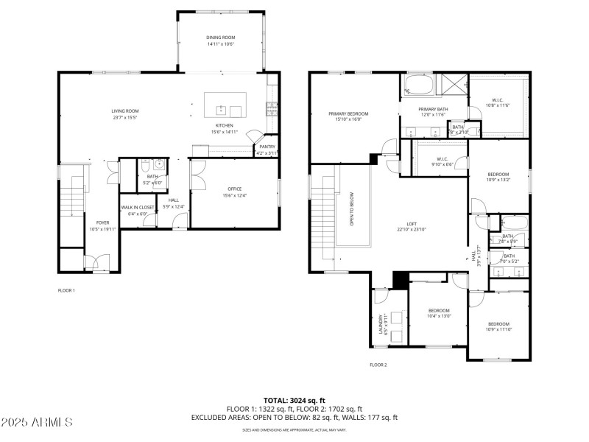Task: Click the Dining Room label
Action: [x=221, y=37]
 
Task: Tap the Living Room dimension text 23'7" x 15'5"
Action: [x=125, y=118]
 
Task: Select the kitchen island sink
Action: [x=220, y=111]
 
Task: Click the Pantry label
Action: [x=267, y=147]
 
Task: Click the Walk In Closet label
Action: [x=138, y=207]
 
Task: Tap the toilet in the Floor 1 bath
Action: [x=145, y=165]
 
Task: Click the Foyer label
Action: [x=102, y=222]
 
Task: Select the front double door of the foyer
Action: [x=96, y=262]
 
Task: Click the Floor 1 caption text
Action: [x=66, y=290]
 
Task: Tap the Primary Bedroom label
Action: [x=348, y=113]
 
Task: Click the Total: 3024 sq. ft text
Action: [x=294, y=401]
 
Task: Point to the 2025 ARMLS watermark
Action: [x=37, y=422]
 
